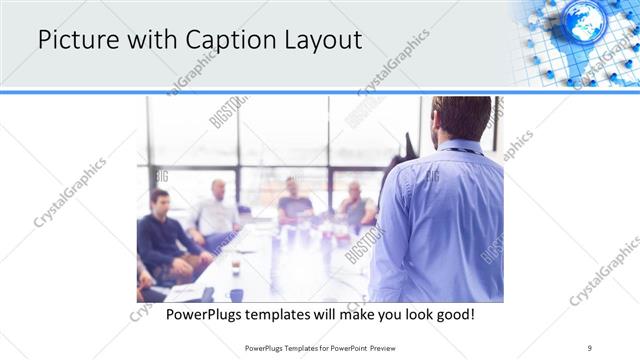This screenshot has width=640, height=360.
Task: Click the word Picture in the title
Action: pyautogui.click(x=76, y=40)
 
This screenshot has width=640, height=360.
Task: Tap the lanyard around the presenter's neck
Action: pyautogui.click(x=459, y=151)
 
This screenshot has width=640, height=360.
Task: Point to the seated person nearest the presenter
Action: pyautogui.click(x=356, y=206)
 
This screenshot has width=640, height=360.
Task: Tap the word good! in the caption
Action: pyautogui.click(x=452, y=315)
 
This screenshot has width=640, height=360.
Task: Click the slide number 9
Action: pyautogui.click(x=590, y=347)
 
